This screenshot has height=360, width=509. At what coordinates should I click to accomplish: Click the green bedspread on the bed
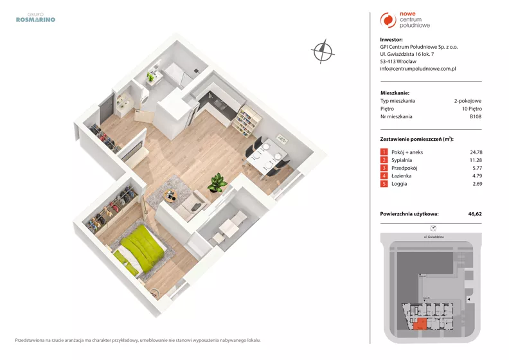pos(143,248)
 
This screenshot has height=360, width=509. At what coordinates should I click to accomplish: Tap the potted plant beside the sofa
pos(217,183)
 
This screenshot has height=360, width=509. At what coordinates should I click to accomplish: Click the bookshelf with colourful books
pos(247,121)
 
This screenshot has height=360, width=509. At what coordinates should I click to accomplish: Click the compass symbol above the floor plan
pos(323,51)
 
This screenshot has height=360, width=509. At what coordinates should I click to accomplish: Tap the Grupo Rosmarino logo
pos(35,17)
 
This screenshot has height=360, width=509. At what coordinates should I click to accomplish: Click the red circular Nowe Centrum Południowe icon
pos(388,20)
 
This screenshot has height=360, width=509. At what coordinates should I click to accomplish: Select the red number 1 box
pos(384,152)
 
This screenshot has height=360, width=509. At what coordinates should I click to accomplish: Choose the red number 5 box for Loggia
pos(384,184)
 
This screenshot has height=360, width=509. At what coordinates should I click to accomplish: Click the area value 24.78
pos(476,152)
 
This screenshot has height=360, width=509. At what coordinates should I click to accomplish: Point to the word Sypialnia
pos(402,160)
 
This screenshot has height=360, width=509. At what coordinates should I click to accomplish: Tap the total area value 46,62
pos(475,214)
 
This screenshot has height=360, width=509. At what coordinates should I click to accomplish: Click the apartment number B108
pos(476,116)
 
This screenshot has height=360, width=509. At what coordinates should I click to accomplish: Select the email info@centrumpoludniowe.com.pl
pos(418,69)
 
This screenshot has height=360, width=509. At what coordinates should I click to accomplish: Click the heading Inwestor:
pos(391,40)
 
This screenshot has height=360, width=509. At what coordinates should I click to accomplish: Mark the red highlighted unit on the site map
pos(420,324)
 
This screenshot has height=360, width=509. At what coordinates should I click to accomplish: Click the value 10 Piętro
pos(472,109)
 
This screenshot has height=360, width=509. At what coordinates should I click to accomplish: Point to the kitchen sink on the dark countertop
pos(219,104)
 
